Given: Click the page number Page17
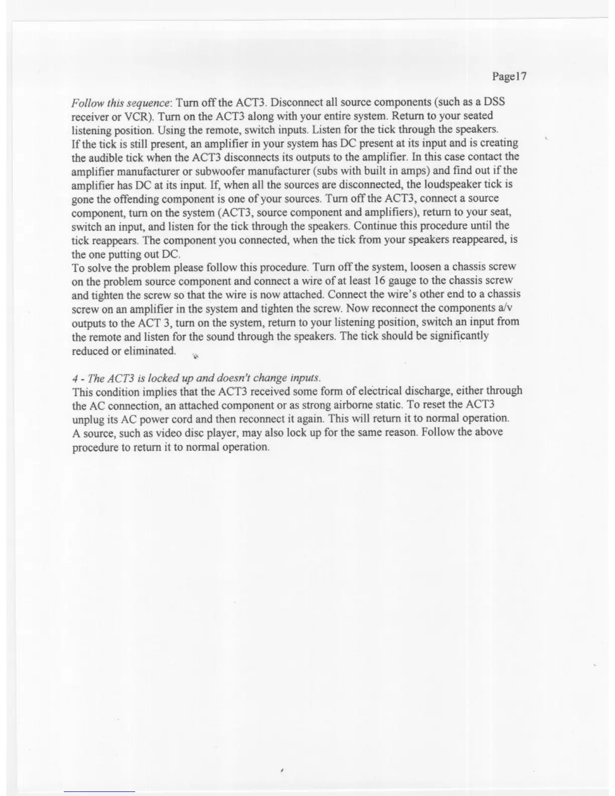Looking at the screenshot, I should (508, 76).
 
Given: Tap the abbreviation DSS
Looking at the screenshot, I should (494, 102).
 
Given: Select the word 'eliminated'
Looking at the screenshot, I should (149, 350).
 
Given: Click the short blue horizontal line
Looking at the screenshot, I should (99, 791).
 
